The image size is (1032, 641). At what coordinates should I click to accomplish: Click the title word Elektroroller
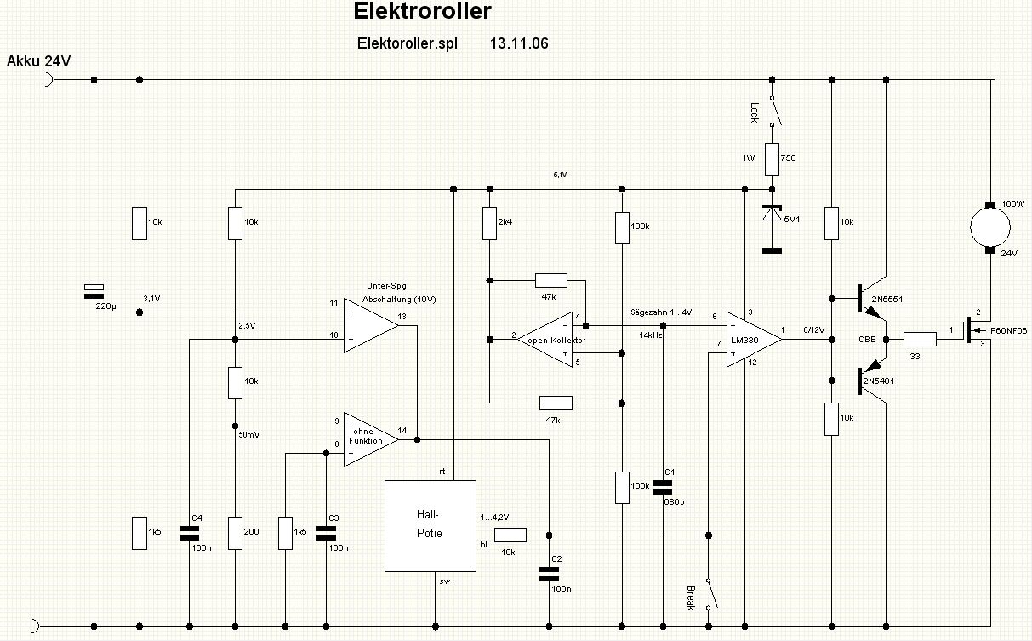(422, 13)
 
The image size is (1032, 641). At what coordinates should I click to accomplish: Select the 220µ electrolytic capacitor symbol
(94, 290)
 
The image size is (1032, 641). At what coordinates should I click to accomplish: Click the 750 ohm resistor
(772, 158)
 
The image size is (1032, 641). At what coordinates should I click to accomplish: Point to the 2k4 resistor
(489, 224)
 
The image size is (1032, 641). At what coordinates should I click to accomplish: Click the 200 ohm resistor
(235, 532)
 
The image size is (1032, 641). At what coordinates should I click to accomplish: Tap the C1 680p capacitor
(663, 487)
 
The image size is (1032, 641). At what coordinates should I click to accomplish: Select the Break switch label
(690, 598)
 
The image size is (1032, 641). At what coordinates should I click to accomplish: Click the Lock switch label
(754, 112)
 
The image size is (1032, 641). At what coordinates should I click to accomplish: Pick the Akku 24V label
(39, 61)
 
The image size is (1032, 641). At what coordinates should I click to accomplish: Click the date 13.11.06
(518, 43)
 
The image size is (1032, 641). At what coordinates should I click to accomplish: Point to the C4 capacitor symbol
(189, 533)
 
